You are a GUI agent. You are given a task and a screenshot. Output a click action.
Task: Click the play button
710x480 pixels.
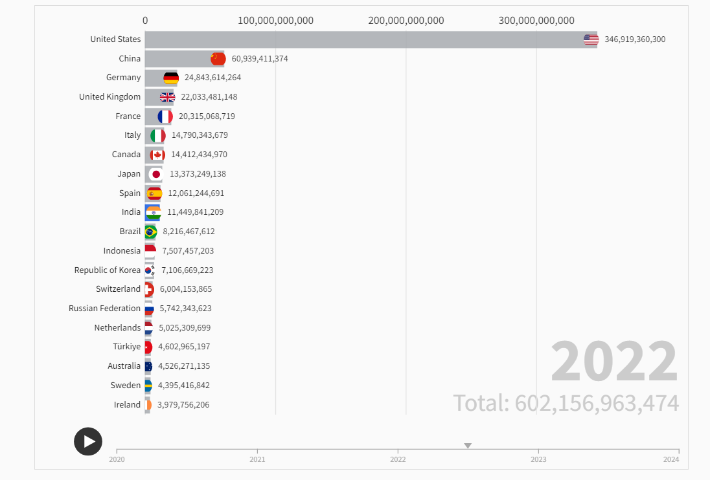tap(88, 442)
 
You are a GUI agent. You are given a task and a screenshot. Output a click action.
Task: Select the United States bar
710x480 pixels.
tap(363, 39)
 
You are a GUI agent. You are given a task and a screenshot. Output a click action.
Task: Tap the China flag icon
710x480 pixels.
tap(218, 59)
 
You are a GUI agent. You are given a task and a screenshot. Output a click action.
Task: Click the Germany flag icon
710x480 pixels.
tap(171, 78)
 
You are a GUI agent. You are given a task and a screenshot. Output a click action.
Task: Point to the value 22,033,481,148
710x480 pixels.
tap(209, 97)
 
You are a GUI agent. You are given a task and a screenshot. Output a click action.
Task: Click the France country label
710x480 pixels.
tap(128, 116)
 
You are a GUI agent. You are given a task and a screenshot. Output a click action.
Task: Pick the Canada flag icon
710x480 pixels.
tap(157, 155)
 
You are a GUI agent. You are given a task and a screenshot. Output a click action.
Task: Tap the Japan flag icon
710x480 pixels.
tap(155, 174)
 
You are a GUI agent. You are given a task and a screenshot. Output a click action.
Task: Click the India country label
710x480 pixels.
tap(131, 212)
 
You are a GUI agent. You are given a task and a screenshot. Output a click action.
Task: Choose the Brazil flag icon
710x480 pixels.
tap(150, 232)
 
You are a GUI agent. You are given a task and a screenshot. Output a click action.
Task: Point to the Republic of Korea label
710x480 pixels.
tap(108, 270)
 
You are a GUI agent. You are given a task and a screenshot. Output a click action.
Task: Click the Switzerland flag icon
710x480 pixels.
tap(148, 289)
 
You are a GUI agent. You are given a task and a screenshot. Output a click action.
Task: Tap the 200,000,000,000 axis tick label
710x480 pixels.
tap(406, 21)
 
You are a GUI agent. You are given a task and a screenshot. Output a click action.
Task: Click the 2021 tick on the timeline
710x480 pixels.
tap(257, 459)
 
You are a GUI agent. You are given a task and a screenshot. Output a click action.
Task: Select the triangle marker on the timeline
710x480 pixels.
tap(468, 446)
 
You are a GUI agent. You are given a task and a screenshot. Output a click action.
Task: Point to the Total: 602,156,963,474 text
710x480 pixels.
tap(566, 403)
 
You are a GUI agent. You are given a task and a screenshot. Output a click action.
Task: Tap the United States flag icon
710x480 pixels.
tap(591, 39)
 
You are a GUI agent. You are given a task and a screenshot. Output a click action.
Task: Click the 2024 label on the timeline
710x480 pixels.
tap(671, 459)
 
